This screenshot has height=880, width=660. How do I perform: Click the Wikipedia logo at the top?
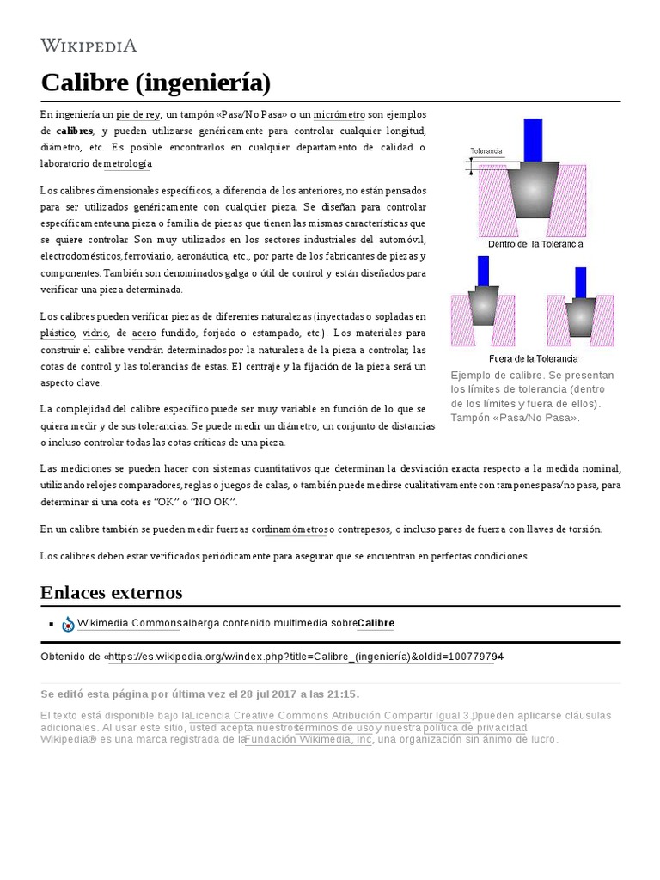coord(89,46)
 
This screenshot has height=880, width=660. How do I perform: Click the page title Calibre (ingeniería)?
coord(156,83)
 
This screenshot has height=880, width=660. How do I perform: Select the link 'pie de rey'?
coord(138,114)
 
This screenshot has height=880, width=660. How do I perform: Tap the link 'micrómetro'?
coord(339,114)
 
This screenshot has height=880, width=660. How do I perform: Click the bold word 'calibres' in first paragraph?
coord(75,131)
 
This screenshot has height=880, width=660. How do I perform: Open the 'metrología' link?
coord(127,163)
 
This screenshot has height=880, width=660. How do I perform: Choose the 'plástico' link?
coord(58,333)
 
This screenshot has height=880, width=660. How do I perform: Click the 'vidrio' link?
coord(95,333)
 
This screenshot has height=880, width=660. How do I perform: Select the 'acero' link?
coord(144,333)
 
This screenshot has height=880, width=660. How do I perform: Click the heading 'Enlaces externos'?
coord(111,593)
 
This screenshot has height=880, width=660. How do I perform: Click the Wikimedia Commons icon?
coord(68,624)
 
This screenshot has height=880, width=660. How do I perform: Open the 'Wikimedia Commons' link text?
coord(129,623)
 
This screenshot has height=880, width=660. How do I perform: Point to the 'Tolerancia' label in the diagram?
coord(486,150)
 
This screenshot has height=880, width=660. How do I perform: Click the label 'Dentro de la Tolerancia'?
coord(535,244)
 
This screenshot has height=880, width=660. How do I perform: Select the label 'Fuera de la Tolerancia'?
coord(533,358)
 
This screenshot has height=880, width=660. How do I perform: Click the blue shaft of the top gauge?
coord(533,139)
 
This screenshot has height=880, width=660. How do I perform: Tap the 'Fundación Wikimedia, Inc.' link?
coord(309,739)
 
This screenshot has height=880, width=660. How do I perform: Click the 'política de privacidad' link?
coord(474,727)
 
